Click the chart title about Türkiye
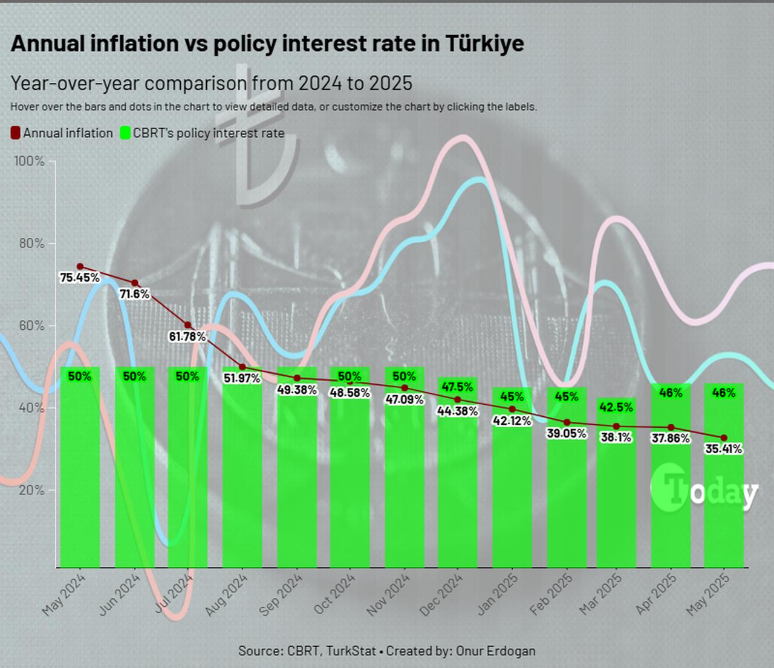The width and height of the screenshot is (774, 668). [267, 44]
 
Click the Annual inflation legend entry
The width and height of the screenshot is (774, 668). [62, 133]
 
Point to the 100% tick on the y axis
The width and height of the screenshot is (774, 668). [30, 161]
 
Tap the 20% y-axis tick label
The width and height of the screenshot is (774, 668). [31, 490]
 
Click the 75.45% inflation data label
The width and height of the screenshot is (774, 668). [80, 278]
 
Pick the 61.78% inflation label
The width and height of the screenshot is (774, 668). [187, 336]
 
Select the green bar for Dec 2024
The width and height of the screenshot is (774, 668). [458, 484]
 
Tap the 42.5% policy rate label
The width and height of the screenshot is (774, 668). [616, 407]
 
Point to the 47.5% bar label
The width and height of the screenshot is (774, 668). [458, 387]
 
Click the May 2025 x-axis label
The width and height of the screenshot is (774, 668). [708, 594]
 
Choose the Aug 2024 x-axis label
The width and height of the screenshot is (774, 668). [227, 594]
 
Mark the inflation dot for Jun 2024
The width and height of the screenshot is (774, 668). [135, 283]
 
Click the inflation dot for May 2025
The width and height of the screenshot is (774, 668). [724, 437]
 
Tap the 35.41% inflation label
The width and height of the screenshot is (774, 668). [723, 449]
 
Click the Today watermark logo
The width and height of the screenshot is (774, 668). [704, 490]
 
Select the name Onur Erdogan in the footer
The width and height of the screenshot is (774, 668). [496, 651]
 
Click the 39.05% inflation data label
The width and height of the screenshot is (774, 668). [567, 433]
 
